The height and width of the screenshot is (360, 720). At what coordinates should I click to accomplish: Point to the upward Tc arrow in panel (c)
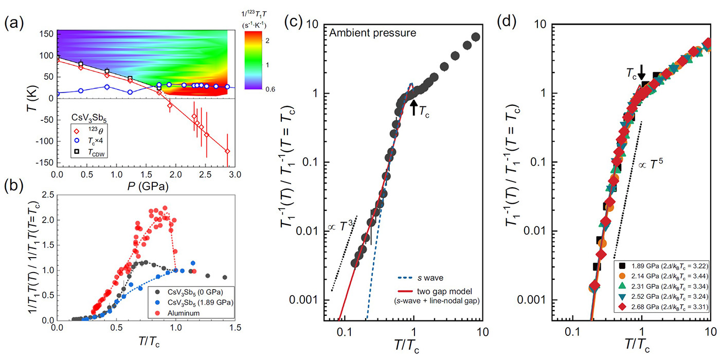point(415,106)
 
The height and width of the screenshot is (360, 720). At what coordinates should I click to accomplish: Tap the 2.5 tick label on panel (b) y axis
point(49,194)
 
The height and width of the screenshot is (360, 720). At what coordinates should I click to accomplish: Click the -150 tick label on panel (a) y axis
point(45,163)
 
